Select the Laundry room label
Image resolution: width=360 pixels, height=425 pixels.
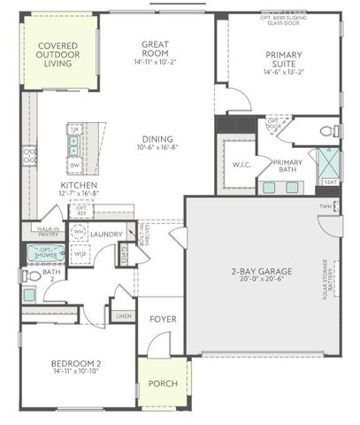click(105, 234)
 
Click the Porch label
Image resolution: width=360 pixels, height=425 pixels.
click(163, 383)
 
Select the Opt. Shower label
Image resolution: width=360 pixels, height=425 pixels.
click(42, 253)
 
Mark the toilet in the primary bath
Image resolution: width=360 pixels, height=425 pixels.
click(330, 132)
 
